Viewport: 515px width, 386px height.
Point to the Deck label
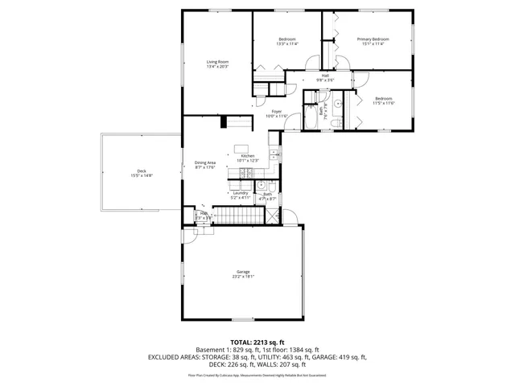142,170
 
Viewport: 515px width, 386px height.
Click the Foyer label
276,111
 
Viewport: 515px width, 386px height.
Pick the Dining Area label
206,162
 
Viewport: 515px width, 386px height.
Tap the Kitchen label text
248,155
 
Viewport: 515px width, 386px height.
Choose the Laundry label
240,192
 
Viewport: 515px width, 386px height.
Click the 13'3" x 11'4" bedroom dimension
287,44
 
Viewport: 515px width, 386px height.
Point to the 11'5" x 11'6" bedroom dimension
383,103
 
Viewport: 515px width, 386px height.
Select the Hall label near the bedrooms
325,76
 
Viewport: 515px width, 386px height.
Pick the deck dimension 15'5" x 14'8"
142,175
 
